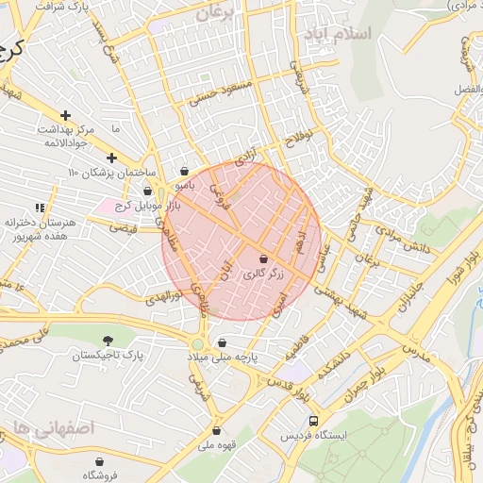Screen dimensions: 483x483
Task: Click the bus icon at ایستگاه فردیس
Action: click(313, 422)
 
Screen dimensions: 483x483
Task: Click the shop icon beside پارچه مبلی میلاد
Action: click(222, 342)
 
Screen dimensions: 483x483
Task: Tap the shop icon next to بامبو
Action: click(183, 172)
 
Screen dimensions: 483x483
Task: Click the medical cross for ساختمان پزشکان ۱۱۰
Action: click(111, 158)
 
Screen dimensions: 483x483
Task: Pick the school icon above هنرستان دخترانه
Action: click(39, 207)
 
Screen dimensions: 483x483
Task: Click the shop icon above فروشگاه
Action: click(99, 461)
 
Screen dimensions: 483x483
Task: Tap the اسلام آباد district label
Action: click(337, 34)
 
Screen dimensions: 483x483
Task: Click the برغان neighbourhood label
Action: click(218, 14)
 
